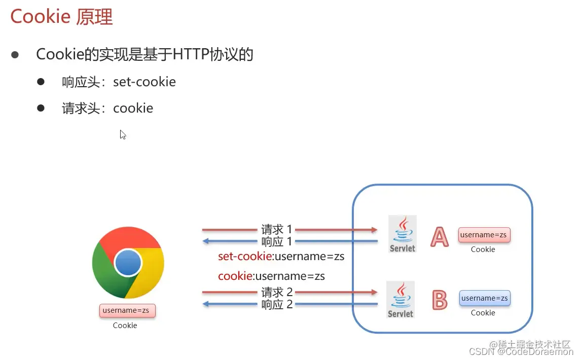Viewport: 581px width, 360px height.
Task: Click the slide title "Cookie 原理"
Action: coord(61,17)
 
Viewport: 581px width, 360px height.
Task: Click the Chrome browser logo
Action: coord(128,263)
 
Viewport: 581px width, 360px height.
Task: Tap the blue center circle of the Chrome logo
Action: coord(128,263)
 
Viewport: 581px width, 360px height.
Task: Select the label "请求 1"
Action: coord(277,230)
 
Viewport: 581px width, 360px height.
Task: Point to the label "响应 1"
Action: coord(277,241)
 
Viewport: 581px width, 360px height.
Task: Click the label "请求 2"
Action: coord(277,292)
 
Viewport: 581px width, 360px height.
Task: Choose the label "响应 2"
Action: coord(277,304)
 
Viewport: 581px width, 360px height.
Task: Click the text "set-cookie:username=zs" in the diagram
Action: coord(281,257)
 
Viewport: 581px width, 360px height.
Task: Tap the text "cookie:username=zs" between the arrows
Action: coord(271,276)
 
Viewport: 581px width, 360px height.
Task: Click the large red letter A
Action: coord(439,236)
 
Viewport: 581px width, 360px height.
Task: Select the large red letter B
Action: coord(439,300)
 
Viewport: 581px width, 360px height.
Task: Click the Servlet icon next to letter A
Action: coord(403,234)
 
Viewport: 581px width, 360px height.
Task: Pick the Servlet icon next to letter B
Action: coord(401,299)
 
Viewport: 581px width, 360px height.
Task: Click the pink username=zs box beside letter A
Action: coord(484,235)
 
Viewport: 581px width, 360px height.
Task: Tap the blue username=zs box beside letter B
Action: coord(484,298)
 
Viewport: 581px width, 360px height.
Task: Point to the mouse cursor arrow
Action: coord(122,134)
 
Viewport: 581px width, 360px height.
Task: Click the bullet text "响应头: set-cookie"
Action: coord(119,82)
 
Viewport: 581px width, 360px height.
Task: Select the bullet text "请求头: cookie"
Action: coord(107,108)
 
